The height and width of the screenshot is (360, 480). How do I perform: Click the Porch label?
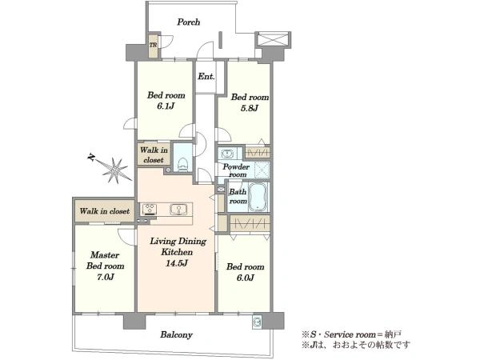pos(189,22)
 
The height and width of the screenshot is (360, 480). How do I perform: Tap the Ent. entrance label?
pos(206,76)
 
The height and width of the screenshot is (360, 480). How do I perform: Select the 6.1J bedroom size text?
pos(166,106)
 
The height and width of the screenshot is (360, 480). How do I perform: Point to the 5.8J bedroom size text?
pos(250,108)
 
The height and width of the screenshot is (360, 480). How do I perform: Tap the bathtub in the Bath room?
pos(258,197)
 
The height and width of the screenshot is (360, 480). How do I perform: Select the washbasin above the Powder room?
pos(226,153)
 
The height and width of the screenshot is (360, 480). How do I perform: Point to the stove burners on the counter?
pos(150,210)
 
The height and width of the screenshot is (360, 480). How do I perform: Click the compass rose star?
pos(115,170)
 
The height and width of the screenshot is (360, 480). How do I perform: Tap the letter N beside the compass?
pos(91,158)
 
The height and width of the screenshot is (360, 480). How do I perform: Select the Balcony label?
pos(176,334)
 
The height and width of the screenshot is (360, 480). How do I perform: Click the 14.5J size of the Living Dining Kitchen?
pos(176,263)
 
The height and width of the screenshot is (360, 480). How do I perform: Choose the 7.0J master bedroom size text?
pos(106,277)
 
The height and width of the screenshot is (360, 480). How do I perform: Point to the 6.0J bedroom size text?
pos(245,278)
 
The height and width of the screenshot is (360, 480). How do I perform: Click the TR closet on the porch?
pos(153,46)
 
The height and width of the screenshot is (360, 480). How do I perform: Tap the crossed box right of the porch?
pos(272,39)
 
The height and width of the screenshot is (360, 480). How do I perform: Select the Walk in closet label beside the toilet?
pos(154,155)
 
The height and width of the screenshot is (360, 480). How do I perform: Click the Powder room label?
pos(236,170)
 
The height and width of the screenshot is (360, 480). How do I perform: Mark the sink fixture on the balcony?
pos(257,322)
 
